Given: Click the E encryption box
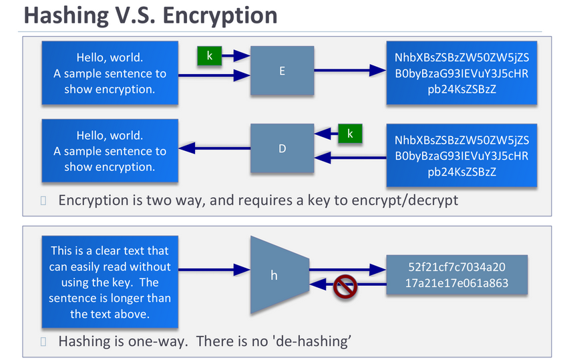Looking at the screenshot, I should pos(282,70).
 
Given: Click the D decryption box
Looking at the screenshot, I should pos(282,148).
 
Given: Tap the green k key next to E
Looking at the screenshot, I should pos(210,56).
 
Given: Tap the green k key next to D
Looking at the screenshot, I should pos(349,134).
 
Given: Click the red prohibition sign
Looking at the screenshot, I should pos(345,287).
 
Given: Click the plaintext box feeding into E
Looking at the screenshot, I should pos(110,73).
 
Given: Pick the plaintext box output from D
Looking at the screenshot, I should pos(110,152).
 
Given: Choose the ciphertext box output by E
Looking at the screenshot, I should pos(461,73).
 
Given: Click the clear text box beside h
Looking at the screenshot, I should pos(110,282).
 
